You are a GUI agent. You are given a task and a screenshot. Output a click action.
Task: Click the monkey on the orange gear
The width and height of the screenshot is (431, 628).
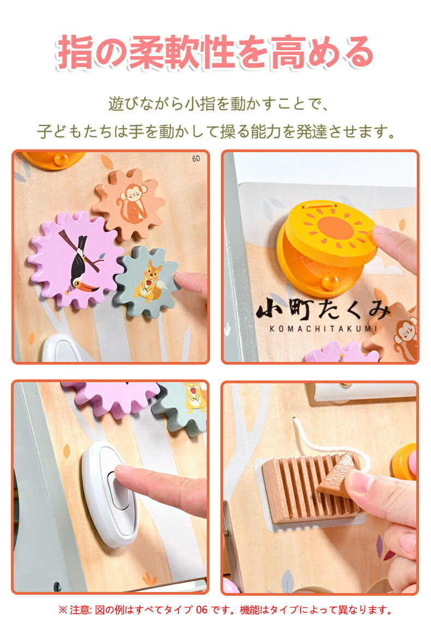(x=131, y=204)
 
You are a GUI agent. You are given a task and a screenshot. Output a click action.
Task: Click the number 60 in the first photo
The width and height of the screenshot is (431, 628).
(x=196, y=159)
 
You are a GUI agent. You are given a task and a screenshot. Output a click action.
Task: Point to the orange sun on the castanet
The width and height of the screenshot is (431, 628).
(x=335, y=228)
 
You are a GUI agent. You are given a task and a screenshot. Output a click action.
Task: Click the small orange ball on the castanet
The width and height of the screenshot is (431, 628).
(x=331, y=281)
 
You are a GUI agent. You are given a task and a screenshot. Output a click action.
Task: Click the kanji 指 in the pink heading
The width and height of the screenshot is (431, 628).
(x=75, y=52)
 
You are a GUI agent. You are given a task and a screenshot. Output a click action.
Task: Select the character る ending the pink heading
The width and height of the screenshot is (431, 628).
(x=356, y=52)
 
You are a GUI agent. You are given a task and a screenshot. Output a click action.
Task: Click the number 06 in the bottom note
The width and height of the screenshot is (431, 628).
(x=202, y=609)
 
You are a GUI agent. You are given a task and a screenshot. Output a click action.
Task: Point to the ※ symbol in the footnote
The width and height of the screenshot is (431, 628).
(x=63, y=610)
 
